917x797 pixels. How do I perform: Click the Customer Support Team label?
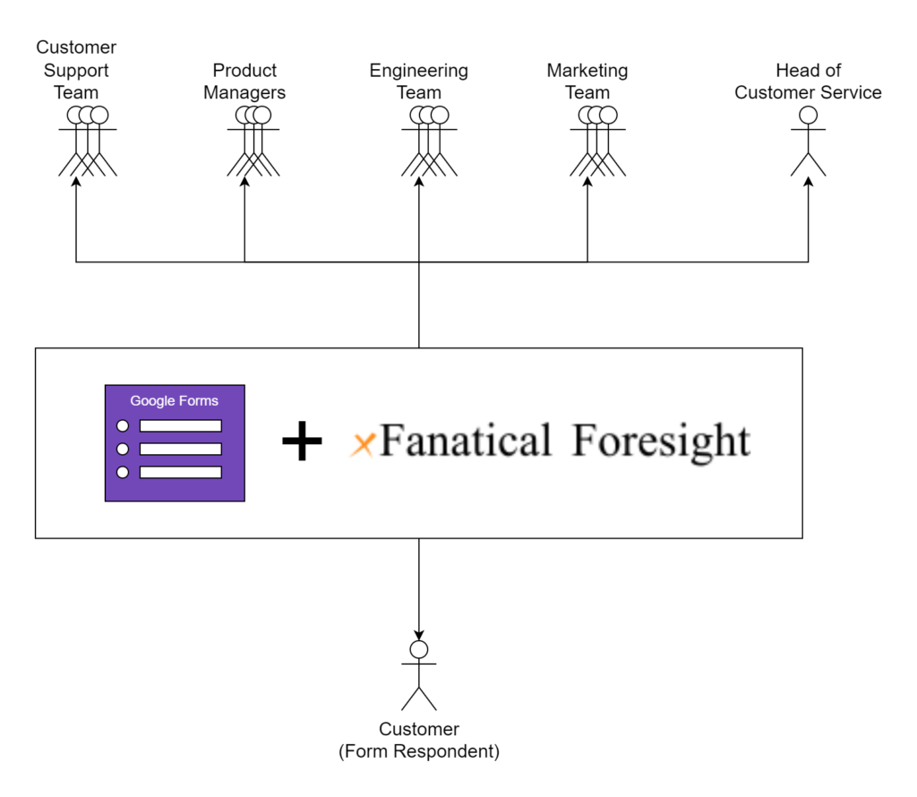click(x=76, y=70)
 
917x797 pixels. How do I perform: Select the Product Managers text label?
click(x=244, y=81)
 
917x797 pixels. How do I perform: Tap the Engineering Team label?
click(x=418, y=81)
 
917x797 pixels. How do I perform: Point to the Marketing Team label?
click(x=587, y=81)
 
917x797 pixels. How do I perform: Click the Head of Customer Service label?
click(x=808, y=81)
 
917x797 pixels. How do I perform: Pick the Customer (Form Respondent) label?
click(x=418, y=741)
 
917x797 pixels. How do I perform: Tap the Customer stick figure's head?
click(x=418, y=649)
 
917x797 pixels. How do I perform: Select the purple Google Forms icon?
click(x=175, y=443)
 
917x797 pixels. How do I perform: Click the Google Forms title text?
click(x=175, y=401)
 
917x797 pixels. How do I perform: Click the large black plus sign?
click(x=302, y=442)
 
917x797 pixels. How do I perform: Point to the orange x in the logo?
click(x=363, y=444)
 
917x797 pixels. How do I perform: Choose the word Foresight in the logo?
click(x=661, y=441)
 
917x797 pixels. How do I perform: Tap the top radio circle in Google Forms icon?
click(x=123, y=425)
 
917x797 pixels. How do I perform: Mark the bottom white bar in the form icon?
click(x=180, y=472)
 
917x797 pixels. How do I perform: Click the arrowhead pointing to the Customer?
click(x=418, y=635)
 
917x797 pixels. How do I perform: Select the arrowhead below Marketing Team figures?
click(x=587, y=181)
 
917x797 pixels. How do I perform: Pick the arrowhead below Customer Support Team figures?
click(x=76, y=181)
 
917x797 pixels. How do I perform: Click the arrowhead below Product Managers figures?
click(x=244, y=181)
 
